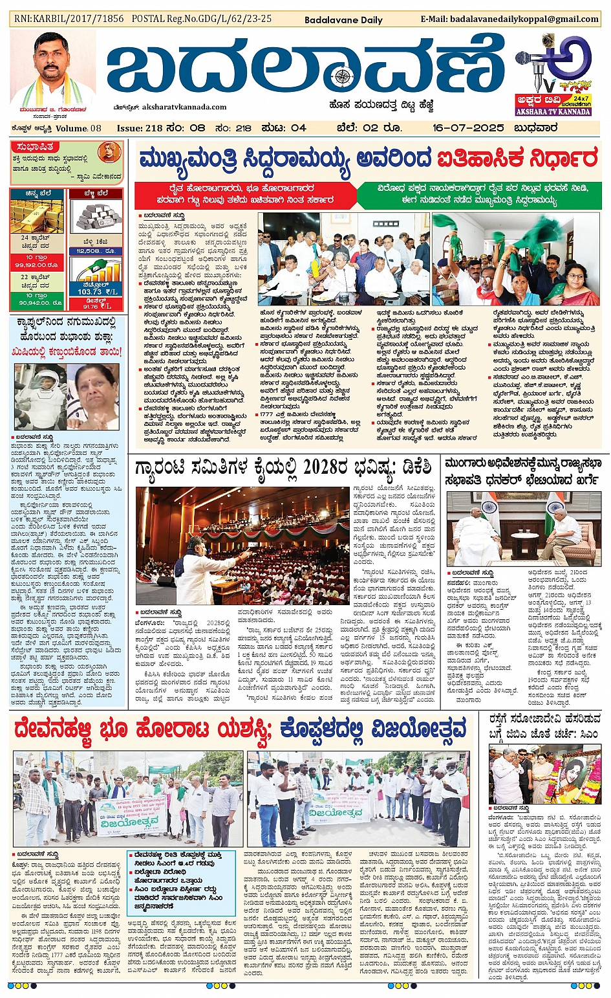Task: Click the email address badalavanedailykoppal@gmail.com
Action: coord(509,19)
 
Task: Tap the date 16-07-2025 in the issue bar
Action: coord(467,128)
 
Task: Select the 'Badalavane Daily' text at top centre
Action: coord(343,20)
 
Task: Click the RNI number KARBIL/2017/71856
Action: coord(69,19)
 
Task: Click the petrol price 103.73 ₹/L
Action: coord(97,291)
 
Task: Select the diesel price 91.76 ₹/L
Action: coord(96,306)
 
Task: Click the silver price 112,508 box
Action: coord(96,251)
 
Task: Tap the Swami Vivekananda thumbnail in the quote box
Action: coord(109,153)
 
